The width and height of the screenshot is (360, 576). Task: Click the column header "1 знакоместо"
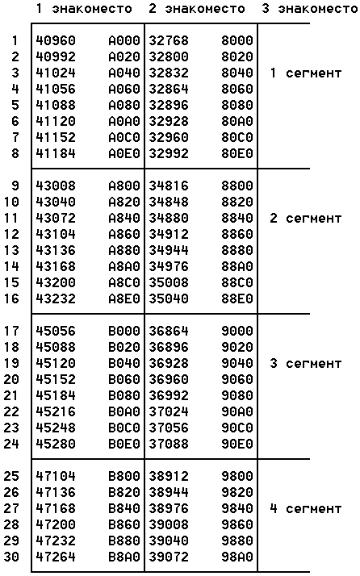tap(84, 9)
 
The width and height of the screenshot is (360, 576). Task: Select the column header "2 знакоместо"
tap(197, 9)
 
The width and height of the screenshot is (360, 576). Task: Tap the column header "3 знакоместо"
tap(310, 9)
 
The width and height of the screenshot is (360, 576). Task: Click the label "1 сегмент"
tap(305, 73)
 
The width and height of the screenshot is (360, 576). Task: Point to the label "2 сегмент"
tap(305, 218)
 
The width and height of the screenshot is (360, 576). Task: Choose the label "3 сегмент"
tap(305, 363)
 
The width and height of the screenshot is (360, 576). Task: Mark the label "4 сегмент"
tap(305, 508)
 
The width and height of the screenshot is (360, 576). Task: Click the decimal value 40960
tap(56, 40)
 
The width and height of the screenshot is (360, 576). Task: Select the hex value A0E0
tap(124, 153)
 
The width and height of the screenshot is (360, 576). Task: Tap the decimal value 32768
tap(169, 40)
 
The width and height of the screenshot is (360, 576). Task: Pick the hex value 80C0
tap(237, 137)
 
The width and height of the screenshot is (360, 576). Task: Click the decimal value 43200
tap(56, 282)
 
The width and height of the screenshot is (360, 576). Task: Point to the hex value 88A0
tap(237, 266)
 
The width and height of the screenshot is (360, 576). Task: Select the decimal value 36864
tap(169, 331)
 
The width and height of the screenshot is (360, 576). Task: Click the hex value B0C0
tap(124, 428)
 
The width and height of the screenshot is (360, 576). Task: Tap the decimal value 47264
tap(56, 557)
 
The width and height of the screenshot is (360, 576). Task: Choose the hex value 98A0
tap(237, 557)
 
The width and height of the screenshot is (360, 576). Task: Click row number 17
tap(11, 331)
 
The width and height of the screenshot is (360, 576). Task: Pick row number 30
tap(11, 557)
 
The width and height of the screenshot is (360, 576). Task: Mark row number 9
tap(15, 186)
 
